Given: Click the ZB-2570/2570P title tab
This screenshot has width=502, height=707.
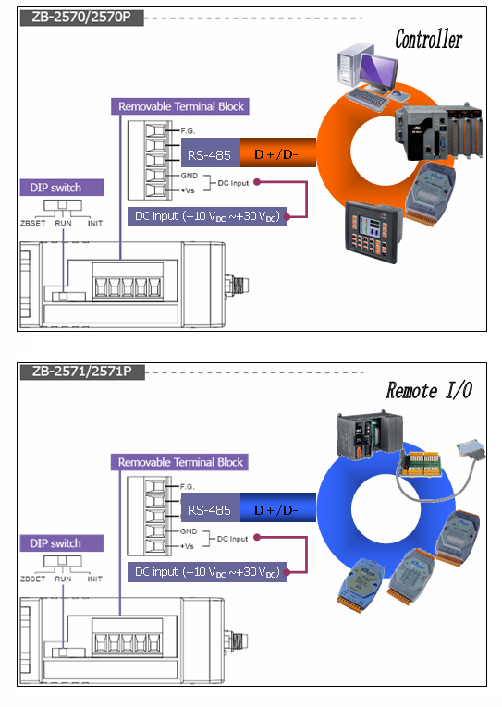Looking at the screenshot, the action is [x=81, y=18].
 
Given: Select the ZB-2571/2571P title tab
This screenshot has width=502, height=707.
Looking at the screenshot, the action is [x=82, y=372].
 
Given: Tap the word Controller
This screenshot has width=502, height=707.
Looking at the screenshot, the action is [x=428, y=39].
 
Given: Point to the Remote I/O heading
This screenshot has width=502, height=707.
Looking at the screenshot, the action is [x=429, y=391].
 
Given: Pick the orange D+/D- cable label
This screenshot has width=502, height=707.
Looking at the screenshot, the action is [x=277, y=154].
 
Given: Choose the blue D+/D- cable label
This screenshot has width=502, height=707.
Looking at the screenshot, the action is [x=277, y=510].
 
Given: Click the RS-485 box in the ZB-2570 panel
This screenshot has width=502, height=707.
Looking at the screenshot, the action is [x=210, y=154].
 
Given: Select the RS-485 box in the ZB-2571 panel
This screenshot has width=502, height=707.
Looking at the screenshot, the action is [x=210, y=510].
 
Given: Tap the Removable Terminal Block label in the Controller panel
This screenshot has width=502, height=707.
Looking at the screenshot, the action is [x=180, y=106].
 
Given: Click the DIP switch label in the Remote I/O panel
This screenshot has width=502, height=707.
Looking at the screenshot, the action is [x=62, y=542].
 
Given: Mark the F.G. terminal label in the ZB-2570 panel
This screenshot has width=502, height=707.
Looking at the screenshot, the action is [x=188, y=130].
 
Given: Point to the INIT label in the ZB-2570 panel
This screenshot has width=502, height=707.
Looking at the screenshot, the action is [x=95, y=223].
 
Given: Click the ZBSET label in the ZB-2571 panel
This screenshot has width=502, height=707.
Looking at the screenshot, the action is [x=33, y=579].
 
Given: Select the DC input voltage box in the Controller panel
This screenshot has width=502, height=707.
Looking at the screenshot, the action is [x=207, y=216].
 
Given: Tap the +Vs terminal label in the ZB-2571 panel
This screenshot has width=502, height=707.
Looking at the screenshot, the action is [x=187, y=546].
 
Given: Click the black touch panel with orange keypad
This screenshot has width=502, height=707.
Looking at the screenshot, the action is [x=373, y=232].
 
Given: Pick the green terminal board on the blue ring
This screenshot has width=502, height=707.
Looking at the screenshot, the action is [x=421, y=463].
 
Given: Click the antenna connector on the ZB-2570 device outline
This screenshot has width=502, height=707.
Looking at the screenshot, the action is [x=238, y=286].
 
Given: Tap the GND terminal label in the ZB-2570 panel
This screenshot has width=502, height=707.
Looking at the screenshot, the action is [x=189, y=176].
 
